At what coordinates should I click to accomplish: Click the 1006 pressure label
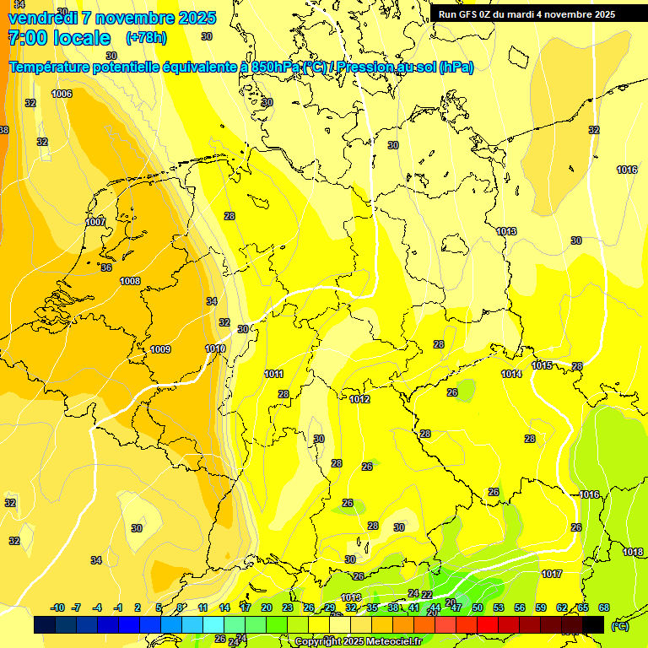62,94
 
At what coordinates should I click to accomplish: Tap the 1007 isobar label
95,222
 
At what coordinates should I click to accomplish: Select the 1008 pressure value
130,281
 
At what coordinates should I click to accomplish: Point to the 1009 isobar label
160,349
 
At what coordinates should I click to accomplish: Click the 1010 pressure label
215,348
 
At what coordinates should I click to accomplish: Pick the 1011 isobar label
273,374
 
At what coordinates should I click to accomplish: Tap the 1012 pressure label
359,399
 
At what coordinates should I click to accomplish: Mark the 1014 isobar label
511,374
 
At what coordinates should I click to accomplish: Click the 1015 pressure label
542,365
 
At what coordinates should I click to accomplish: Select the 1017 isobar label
552,574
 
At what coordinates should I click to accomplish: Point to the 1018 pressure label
633,552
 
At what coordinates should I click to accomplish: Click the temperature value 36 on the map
106,267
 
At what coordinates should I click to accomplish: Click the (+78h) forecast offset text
146,38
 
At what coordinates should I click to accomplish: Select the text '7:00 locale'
59,38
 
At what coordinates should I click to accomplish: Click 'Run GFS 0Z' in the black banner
469,14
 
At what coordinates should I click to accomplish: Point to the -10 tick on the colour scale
57,607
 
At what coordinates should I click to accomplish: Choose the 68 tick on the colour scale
604,607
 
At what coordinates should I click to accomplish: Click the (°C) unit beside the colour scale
620,626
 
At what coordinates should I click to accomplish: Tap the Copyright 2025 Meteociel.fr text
358,642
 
